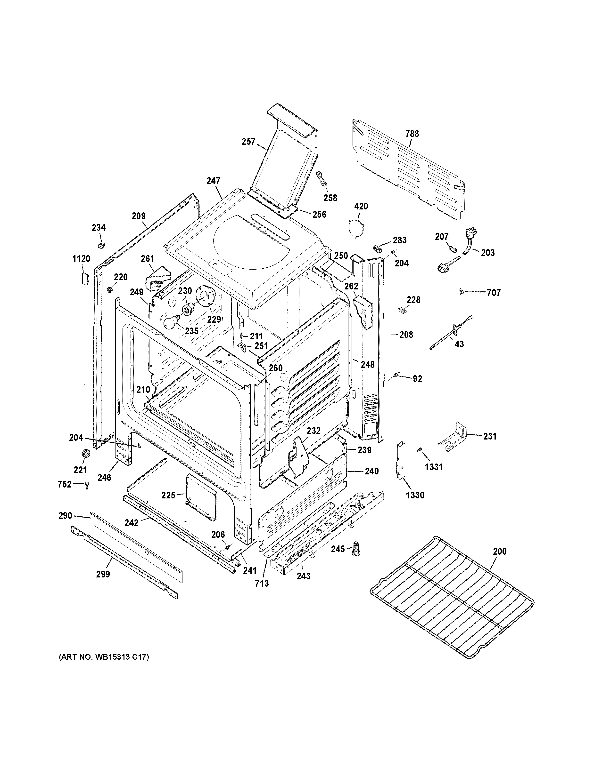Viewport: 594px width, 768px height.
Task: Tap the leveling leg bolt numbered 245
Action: pos(356,549)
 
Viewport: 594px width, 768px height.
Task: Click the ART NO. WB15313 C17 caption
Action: pos(104,657)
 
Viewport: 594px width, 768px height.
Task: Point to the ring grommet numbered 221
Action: pos(85,454)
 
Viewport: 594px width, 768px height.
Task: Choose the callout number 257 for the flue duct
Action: pos(248,142)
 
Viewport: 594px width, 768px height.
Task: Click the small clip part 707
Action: pos(461,292)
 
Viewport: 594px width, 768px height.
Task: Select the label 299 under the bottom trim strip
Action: pos(103,574)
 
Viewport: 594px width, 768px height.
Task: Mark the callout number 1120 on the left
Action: pos(81,259)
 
